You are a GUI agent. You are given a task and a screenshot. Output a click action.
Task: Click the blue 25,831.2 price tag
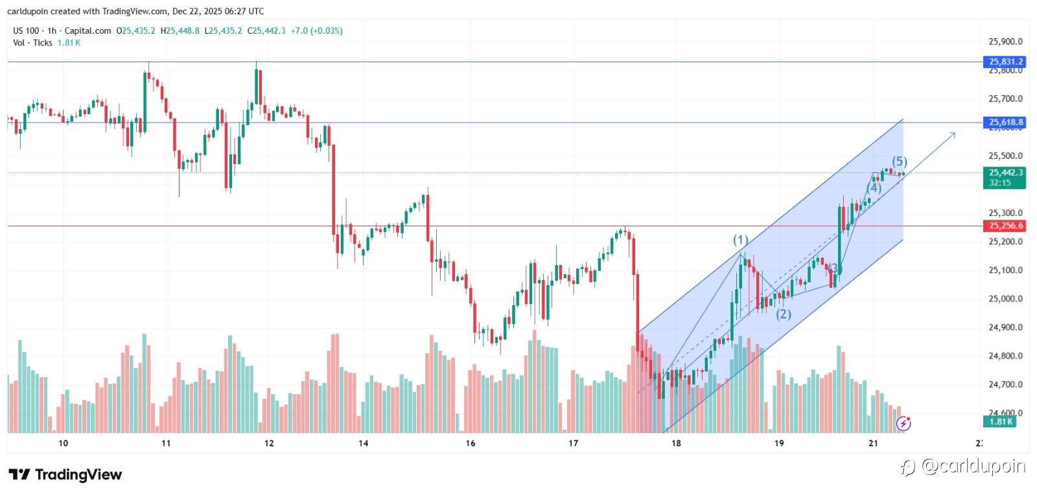(x=1006, y=62)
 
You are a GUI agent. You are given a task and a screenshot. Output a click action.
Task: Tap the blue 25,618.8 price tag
(x=1006, y=122)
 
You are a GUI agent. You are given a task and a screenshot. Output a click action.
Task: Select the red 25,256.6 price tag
(x=1006, y=226)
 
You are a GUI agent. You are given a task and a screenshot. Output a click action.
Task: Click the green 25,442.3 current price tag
(x=1006, y=172)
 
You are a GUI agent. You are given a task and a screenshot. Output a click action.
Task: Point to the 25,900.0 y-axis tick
(x=1005, y=41)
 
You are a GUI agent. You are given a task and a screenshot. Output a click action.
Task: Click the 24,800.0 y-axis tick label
(x=1005, y=356)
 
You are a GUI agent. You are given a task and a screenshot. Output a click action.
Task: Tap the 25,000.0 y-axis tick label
(x=1005, y=299)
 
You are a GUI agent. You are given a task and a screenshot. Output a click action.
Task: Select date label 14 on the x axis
(x=364, y=443)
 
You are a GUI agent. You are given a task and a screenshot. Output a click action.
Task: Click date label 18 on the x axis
(x=676, y=443)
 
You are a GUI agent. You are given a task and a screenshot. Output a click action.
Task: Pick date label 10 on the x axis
(x=63, y=443)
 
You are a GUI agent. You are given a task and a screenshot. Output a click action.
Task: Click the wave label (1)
(x=741, y=240)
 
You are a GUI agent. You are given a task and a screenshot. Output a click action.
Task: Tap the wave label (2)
(x=784, y=314)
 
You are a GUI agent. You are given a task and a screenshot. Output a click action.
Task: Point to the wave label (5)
(x=899, y=161)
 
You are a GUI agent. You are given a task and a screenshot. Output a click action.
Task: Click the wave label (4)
(x=874, y=188)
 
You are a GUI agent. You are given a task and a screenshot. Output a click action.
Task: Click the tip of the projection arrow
(x=955, y=133)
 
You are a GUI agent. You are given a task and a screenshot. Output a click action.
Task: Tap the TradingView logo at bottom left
(x=65, y=475)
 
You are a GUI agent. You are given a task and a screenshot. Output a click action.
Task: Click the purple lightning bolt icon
(x=903, y=424)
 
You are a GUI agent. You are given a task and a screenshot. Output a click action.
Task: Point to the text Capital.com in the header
(x=87, y=30)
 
